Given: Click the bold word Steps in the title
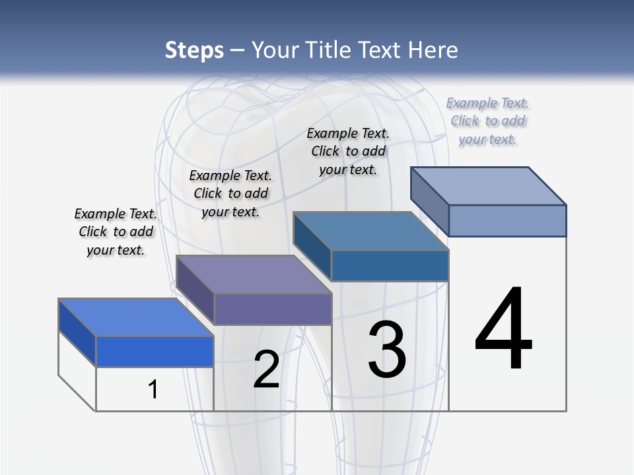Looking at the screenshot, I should (194, 50).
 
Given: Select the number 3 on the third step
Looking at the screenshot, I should (387, 349).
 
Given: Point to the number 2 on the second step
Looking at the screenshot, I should (266, 369).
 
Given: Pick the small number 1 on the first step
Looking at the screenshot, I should (153, 389).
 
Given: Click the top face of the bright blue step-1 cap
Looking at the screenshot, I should (135, 317).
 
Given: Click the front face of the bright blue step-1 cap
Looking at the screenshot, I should (155, 351).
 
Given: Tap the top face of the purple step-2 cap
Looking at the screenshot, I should (254, 274).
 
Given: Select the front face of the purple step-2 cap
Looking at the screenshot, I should (273, 309).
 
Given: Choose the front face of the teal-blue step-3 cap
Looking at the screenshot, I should (390, 265).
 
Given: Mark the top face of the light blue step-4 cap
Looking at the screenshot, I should (489, 185).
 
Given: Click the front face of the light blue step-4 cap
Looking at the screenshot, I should (507, 220).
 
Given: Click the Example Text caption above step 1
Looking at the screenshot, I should (116, 232).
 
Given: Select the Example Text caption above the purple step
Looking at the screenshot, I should (230, 193).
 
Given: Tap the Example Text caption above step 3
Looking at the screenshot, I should (348, 151).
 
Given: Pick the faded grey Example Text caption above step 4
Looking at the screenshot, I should (487, 121).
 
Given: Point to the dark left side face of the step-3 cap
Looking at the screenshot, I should (312, 246).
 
